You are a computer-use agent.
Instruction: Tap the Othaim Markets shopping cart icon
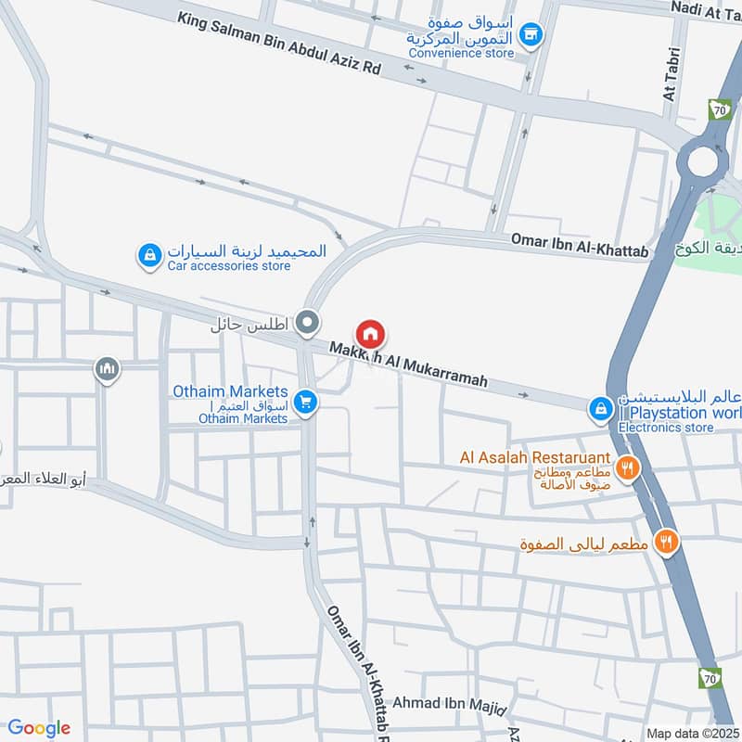(303, 403)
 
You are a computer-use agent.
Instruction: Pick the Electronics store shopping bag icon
(601, 408)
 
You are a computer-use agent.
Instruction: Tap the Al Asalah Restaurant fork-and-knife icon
(629, 467)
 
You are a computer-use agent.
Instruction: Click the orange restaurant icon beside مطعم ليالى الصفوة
(665, 542)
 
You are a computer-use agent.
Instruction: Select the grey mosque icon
(108, 370)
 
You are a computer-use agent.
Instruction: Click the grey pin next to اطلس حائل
(308, 324)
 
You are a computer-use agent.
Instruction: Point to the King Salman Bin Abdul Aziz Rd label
(279, 43)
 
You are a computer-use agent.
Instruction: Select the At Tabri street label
(672, 83)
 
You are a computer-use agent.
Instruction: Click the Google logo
(39, 728)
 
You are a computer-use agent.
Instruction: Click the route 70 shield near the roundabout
(719, 109)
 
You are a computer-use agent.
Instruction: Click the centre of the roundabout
(704, 163)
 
